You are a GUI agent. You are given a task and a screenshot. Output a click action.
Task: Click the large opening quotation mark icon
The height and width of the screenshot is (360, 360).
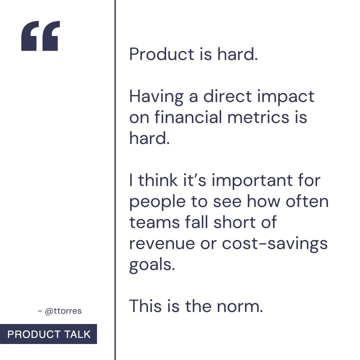click(40, 36)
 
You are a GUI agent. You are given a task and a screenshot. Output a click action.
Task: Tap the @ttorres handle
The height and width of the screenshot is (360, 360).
click(63, 311)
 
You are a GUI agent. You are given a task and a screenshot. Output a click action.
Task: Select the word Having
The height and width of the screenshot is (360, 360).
click(156, 97)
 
